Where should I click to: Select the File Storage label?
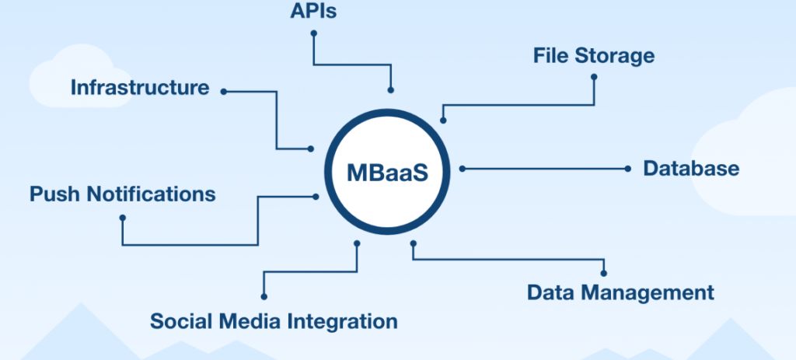point(593,56)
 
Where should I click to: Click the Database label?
point(691,168)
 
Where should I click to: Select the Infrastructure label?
point(140,87)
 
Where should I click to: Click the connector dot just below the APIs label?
point(313,33)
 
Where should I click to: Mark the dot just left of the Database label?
point(628,168)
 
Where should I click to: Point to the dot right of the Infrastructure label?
point(223,91)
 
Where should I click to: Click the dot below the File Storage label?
point(594,76)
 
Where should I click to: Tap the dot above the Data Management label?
point(604,272)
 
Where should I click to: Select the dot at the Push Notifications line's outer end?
point(122,218)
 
